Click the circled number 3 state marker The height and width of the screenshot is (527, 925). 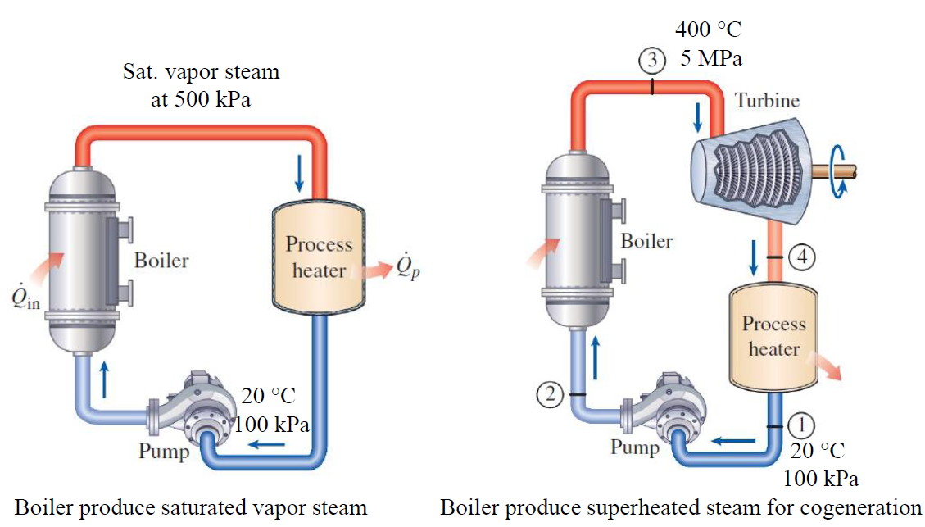coord(651,60)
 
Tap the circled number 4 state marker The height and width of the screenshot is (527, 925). coord(802,257)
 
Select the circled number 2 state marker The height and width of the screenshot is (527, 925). coord(551,394)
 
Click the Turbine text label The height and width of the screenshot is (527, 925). coord(767,101)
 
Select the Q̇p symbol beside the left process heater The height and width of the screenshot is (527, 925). coord(407,266)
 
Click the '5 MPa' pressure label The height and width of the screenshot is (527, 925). coord(712,59)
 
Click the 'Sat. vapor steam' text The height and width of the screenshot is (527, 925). coord(201,71)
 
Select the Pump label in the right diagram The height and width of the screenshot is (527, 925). coord(634,447)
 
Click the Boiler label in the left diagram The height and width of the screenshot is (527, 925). coord(161,261)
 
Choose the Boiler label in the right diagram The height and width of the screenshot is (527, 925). coord(646,241)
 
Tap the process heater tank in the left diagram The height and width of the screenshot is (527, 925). coord(319,257)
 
